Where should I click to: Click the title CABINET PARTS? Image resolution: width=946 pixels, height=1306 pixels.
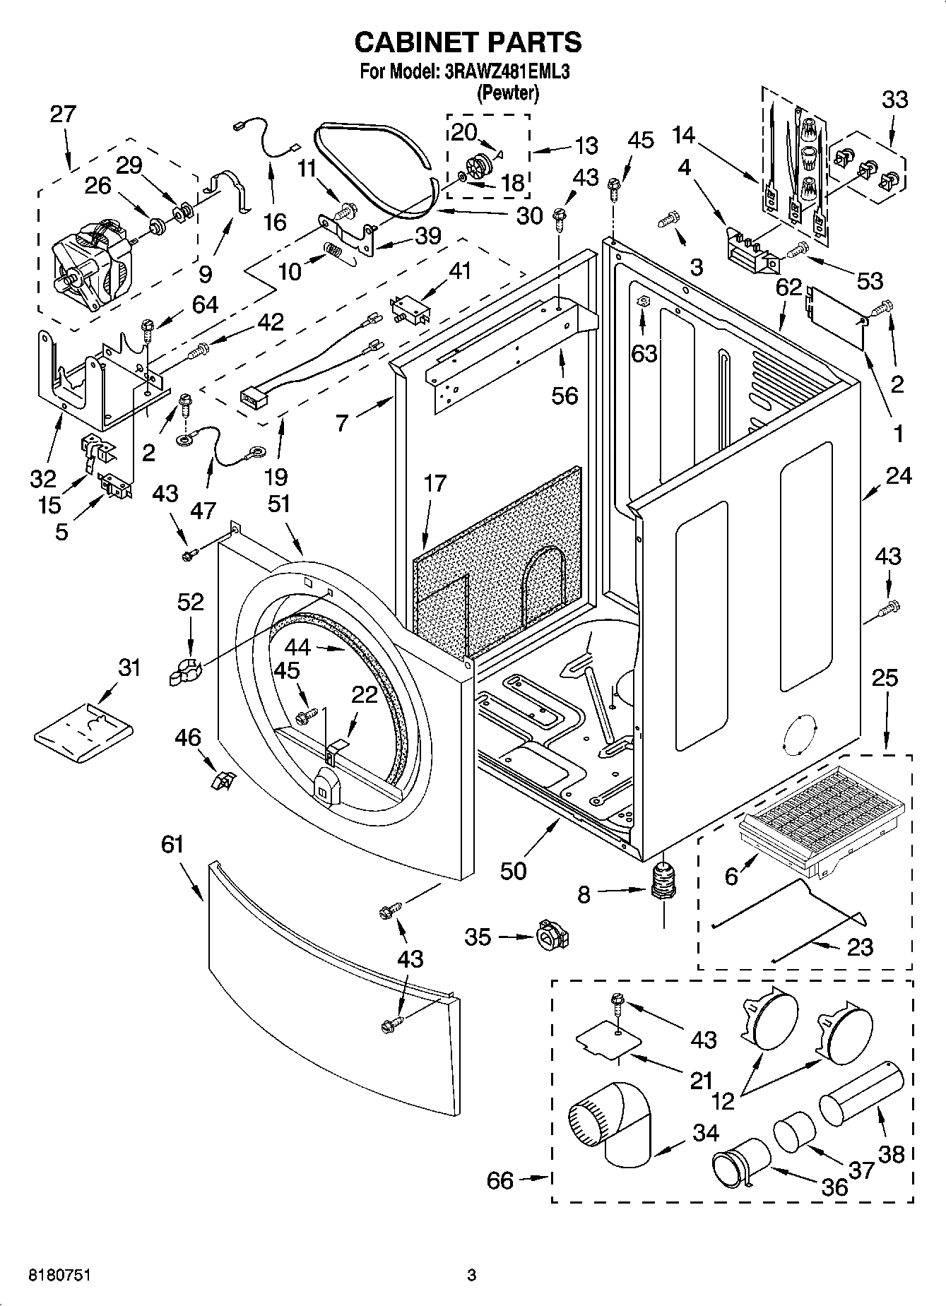coord(468,42)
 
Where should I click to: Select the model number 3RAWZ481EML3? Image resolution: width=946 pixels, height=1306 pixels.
coord(507,71)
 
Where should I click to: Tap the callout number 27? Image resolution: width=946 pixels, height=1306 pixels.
coord(63,114)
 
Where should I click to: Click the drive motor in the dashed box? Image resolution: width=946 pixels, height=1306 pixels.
coord(92,258)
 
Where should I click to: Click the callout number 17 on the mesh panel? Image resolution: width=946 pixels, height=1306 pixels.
coord(435,483)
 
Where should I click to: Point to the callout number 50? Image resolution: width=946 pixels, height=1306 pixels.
coord(513,870)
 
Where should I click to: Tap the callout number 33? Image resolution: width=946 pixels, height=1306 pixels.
coord(894,100)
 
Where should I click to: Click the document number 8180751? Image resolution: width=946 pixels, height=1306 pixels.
coord(59,1275)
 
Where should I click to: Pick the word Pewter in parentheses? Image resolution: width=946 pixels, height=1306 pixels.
coord(509,93)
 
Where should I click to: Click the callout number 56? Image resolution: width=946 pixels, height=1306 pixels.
coord(564,396)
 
